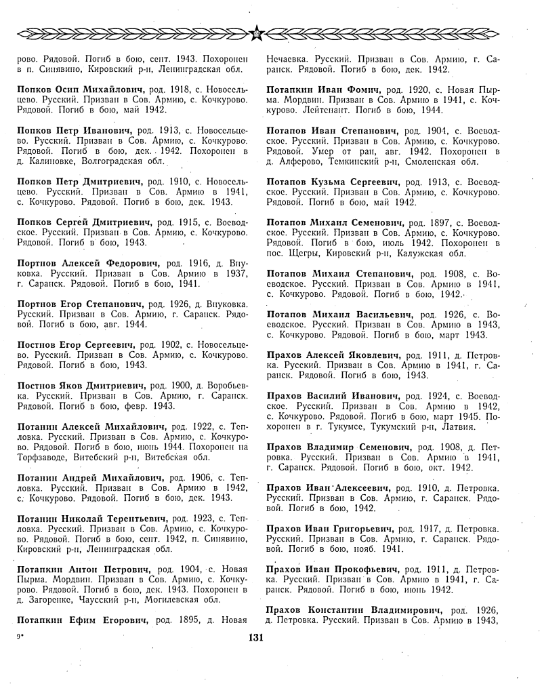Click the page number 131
click(x=255, y=637)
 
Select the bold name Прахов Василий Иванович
click(x=330, y=395)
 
